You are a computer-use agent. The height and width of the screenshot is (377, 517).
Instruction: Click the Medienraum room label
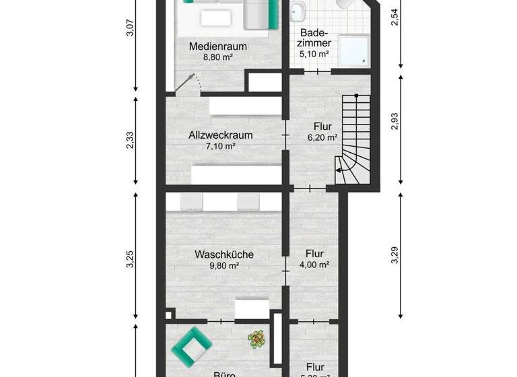pos(217,46)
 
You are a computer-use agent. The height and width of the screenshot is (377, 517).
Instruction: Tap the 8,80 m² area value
pos(217,58)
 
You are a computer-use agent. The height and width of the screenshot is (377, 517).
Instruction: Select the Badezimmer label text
pos(314,38)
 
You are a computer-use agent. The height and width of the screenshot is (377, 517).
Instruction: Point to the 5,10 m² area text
pos(314,54)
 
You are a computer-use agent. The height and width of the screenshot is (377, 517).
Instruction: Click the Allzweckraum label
pos(221,135)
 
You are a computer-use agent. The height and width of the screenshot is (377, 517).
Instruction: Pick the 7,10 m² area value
pos(221,146)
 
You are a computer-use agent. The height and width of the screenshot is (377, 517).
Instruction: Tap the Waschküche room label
pos(224,254)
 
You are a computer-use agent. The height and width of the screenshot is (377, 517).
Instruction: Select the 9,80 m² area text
pos(224,266)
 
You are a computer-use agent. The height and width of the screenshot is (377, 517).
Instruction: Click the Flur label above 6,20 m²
pos(322,125)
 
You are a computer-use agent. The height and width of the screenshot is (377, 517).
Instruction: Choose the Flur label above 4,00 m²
pos(314,254)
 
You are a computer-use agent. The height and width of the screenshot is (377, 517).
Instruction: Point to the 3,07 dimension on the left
pos(130,30)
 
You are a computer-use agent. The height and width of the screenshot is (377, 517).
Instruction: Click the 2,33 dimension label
pos(130,140)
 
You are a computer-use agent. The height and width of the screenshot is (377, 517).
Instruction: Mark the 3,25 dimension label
pos(130,259)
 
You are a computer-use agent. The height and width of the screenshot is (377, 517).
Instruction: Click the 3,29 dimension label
pos(394,256)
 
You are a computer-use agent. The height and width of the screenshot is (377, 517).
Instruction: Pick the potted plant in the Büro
pos(256,339)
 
